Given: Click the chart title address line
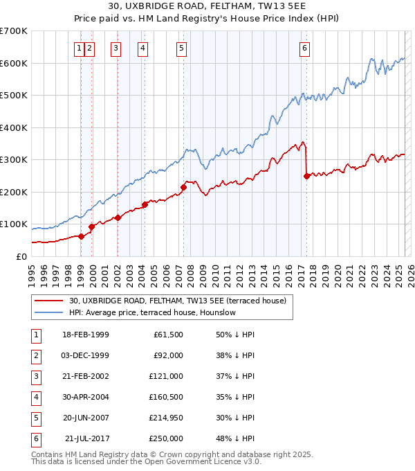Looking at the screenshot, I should tap(207, 6).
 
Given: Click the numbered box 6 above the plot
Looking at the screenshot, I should tap(305, 48).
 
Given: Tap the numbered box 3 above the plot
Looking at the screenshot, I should tap(116, 48).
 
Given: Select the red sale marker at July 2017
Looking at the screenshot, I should tap(306, 176).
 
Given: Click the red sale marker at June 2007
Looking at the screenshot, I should tap(184, 187).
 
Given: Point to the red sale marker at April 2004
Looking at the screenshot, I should tap(145, 204).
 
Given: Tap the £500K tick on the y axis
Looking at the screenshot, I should tap(14, 96).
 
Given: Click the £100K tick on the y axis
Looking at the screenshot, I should tap(14, 224).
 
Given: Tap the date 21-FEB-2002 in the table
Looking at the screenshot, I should tap(86, 376).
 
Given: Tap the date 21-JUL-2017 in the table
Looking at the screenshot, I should tap(87, 438).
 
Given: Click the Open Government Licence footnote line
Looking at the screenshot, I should tap(147, 461).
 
